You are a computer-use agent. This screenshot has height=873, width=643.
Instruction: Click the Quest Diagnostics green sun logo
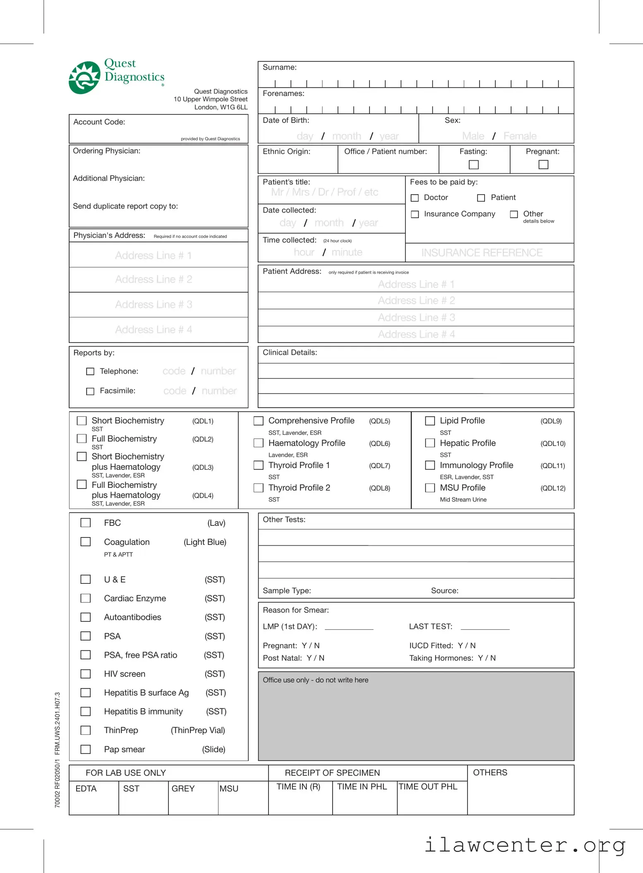click(84, 78)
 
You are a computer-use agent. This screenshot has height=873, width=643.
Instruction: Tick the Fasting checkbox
click(473, 165)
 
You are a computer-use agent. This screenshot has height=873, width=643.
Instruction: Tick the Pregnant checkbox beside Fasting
click(543, 165)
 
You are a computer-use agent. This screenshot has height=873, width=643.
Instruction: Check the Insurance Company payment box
click(415, 214)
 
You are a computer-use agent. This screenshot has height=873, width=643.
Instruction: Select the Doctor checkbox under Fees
click(415, 198)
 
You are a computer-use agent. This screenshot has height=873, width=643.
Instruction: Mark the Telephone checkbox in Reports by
click(90, 372)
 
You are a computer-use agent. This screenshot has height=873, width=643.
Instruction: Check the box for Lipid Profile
click(430, 421)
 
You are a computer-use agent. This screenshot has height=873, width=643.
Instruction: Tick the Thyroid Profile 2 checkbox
click(258, 488)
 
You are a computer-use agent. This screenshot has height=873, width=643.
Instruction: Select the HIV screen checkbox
click(85, 674)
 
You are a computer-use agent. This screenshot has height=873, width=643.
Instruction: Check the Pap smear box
click(85, 749)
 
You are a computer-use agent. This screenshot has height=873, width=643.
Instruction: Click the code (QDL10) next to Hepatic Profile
click(552, 444)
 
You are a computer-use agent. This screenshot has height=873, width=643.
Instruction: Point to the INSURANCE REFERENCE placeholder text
click(482, 253)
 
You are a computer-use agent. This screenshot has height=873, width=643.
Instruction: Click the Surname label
click(279, 67)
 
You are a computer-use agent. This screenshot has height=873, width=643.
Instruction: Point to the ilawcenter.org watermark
click(525, 845)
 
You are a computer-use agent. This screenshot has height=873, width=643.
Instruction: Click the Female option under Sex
click(520, 136)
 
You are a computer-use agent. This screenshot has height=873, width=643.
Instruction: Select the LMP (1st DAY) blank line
click(349, 627)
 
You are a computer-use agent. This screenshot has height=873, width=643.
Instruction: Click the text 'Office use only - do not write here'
click(315, 680)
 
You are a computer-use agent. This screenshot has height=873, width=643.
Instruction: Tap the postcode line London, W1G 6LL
click(221, 107)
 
